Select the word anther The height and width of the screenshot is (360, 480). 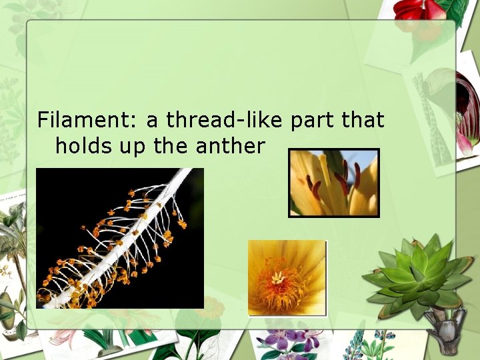pyautogui.click(x=231, y=145)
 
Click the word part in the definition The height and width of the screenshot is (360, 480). pyautogui.click(x=313, y=120)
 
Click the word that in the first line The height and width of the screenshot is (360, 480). pyautogui.click(x=362, y=120)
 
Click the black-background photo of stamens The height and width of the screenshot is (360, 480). pyautogui.click(x=119, y=237)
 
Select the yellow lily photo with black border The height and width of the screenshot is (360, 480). pyautogui.click(x=333, y=183)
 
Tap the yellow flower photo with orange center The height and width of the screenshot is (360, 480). pyautogui.click(x=287, y=277)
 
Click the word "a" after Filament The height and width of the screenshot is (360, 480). pyautogui.click(x=152, y=121)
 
